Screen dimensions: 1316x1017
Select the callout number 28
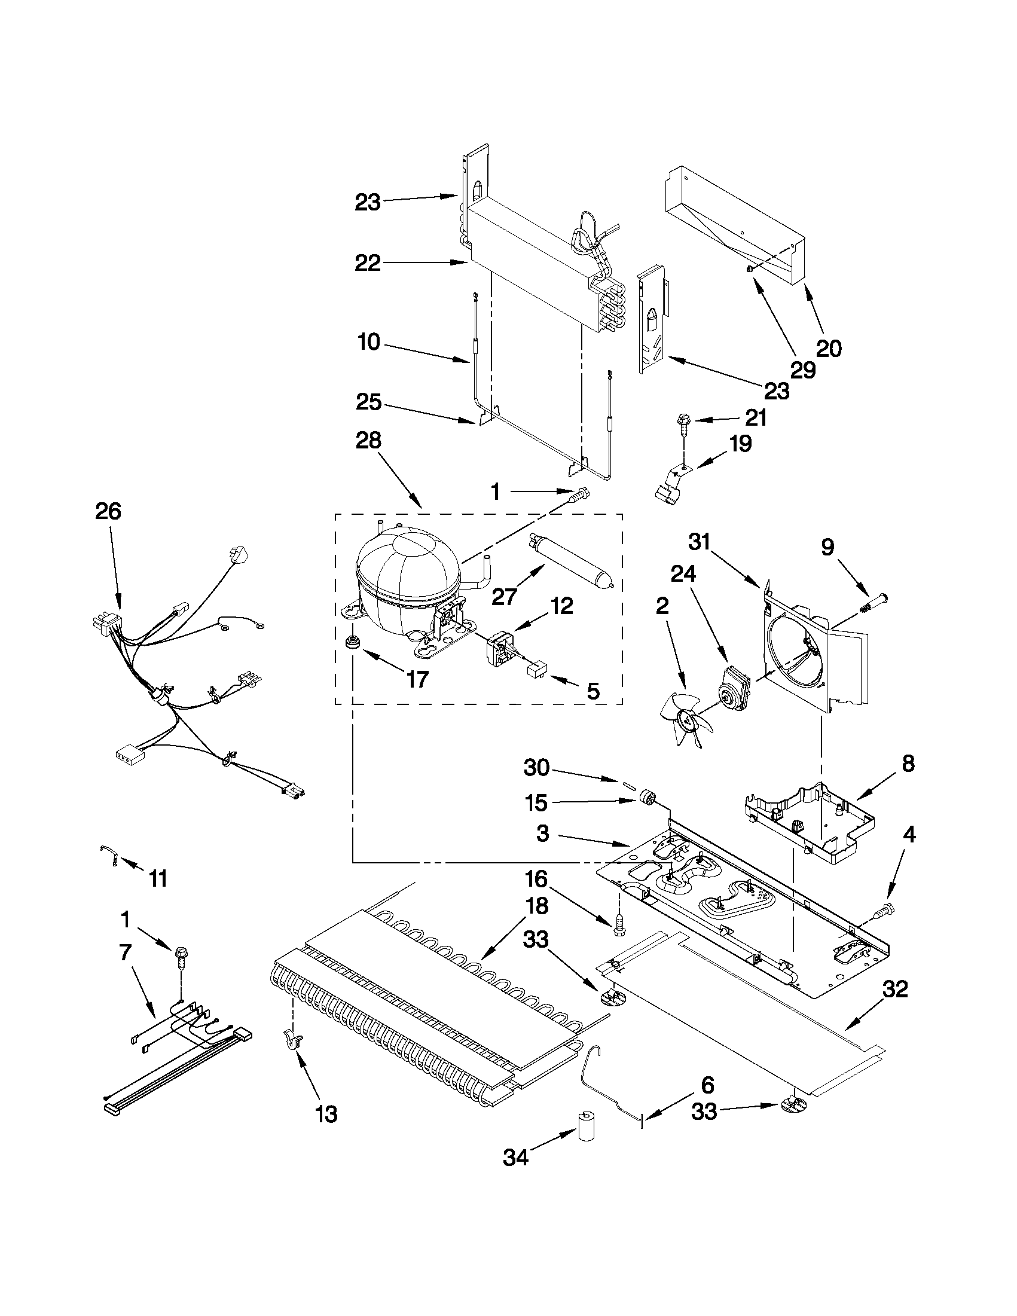(368, 441)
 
